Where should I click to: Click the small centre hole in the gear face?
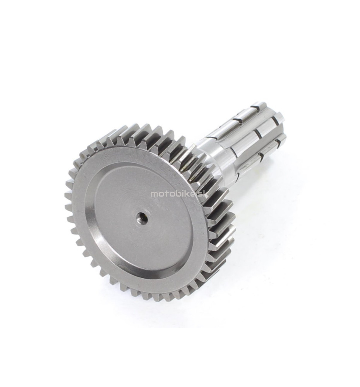[x=143, y=216]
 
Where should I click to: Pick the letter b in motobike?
[x=181, y=193]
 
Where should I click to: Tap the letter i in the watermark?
[x=186, y=193]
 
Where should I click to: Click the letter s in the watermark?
[x=200, y=194]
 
